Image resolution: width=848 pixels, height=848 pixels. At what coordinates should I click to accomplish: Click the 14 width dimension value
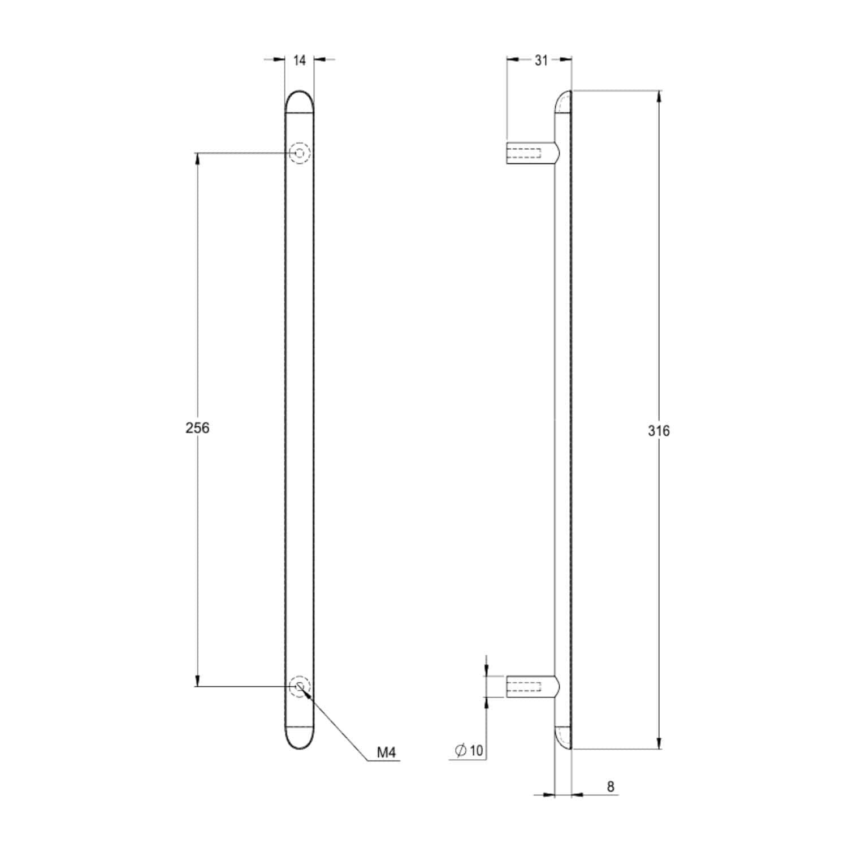coord(300,60)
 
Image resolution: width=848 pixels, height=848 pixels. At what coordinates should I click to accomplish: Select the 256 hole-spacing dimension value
coord(197,428)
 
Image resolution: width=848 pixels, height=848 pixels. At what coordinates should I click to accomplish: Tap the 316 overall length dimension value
coord(659,431)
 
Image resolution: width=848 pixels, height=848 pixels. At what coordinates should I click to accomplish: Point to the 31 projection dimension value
coord(541,60)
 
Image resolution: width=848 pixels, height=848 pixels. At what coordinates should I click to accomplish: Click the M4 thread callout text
coord(387,752)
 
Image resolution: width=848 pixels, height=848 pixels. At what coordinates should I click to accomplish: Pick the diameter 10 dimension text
coord(469,750)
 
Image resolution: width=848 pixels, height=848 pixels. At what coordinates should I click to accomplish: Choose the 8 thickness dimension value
coord(611,786)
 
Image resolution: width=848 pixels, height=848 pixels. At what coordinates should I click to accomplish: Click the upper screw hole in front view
coord(300,153)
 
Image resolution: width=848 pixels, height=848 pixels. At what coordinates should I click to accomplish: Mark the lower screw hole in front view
coord(300,687)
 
